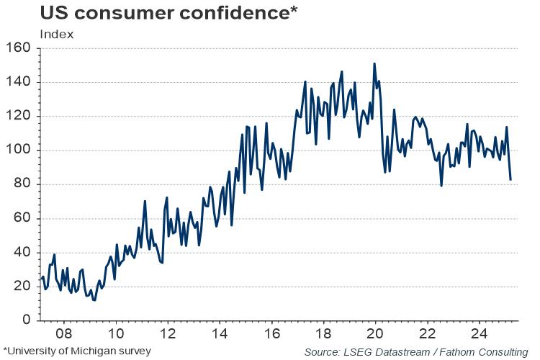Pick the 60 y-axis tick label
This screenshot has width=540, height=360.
coord(23,218)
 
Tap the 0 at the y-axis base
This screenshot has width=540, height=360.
coord(27,320)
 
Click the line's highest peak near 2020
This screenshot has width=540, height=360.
coord(374,63)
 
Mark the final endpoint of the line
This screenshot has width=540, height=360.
coord(510,179)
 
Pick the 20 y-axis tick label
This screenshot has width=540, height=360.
coord(23,286)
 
